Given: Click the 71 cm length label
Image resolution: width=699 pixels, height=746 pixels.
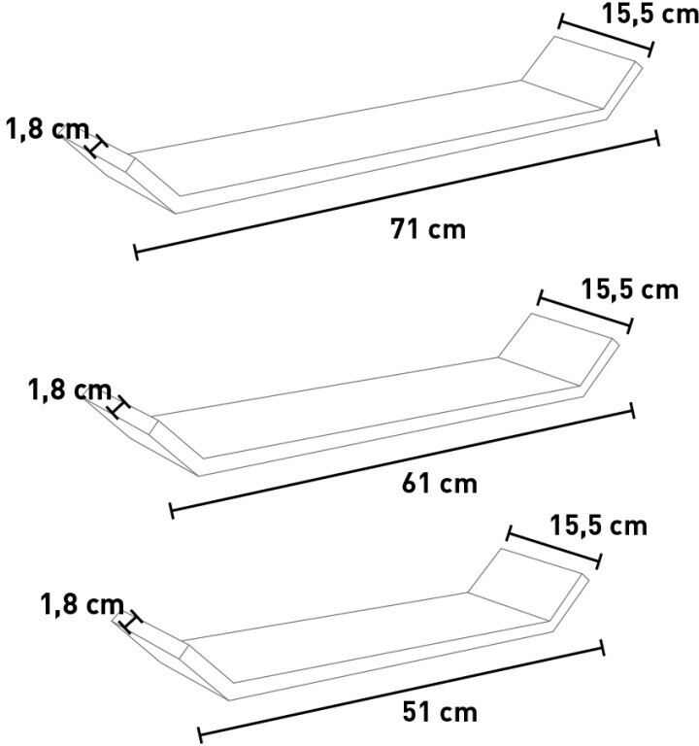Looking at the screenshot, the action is [x=428, y=229].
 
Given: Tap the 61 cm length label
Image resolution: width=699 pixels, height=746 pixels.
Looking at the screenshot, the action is [x=440, y=484].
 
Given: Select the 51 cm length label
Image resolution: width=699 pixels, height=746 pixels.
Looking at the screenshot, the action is [x=440, y=712].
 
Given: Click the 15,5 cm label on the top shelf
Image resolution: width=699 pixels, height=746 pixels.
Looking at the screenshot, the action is [x=650, y=14].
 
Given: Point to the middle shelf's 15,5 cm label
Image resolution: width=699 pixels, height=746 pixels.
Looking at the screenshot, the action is [x=630, y=289].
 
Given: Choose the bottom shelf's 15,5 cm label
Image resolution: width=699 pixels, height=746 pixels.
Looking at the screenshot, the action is [x=599, y=526].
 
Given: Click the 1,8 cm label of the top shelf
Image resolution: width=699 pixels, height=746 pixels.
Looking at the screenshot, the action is [x=48, y=129].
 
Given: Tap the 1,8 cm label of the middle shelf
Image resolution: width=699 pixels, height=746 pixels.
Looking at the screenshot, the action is [x=70, y=390].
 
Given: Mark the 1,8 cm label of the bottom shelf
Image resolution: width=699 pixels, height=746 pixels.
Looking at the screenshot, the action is [x=83, y=605].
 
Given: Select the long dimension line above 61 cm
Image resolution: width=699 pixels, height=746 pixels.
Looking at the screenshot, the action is [x=402, y=460].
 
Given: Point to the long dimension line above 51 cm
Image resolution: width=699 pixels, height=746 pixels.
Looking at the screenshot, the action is [x=401, y=691].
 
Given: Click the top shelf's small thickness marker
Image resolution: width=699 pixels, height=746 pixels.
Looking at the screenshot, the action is [x=96, y=147].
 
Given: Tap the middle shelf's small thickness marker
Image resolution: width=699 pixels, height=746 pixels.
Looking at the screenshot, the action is [x=119, y=407].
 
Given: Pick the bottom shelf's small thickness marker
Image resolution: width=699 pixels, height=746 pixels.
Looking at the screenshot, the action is [x=131, y=622].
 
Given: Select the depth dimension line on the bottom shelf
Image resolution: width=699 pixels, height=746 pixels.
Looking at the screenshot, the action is [x=554, y=547].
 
